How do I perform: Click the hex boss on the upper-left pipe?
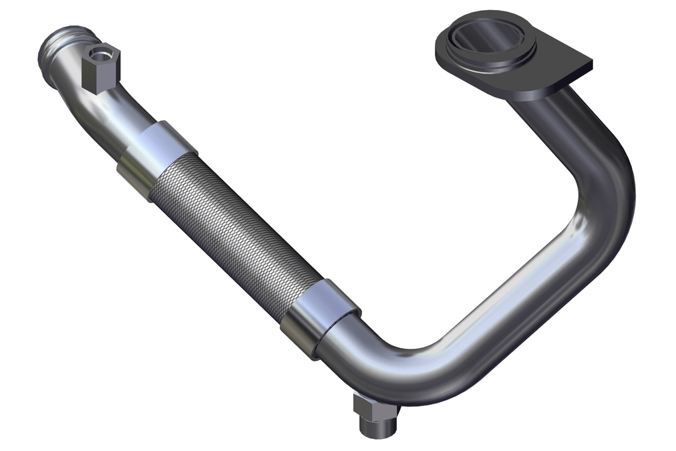100,69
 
